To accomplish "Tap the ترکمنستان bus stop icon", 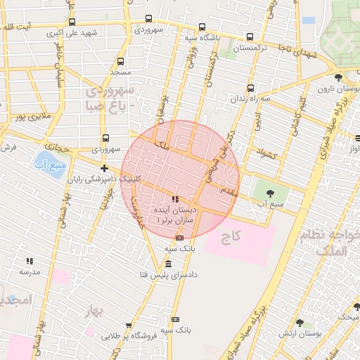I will tap(250, 37).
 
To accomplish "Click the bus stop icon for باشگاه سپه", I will tap(202, 27).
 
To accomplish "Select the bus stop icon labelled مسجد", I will tap(121, 61).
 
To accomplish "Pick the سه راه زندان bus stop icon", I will tap(251, 88).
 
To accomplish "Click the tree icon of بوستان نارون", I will tap(339, 78).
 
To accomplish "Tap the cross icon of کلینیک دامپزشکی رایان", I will tap(105, 168).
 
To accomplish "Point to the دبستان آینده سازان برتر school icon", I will tap(175, 200).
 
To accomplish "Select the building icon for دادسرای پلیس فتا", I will tap(168, 264).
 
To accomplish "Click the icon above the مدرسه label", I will tap(30, 261).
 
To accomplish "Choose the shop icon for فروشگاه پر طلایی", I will tap(129, 326).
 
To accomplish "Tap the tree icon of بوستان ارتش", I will tap(300, 323).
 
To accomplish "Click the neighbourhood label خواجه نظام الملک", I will tap(328, 243).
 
